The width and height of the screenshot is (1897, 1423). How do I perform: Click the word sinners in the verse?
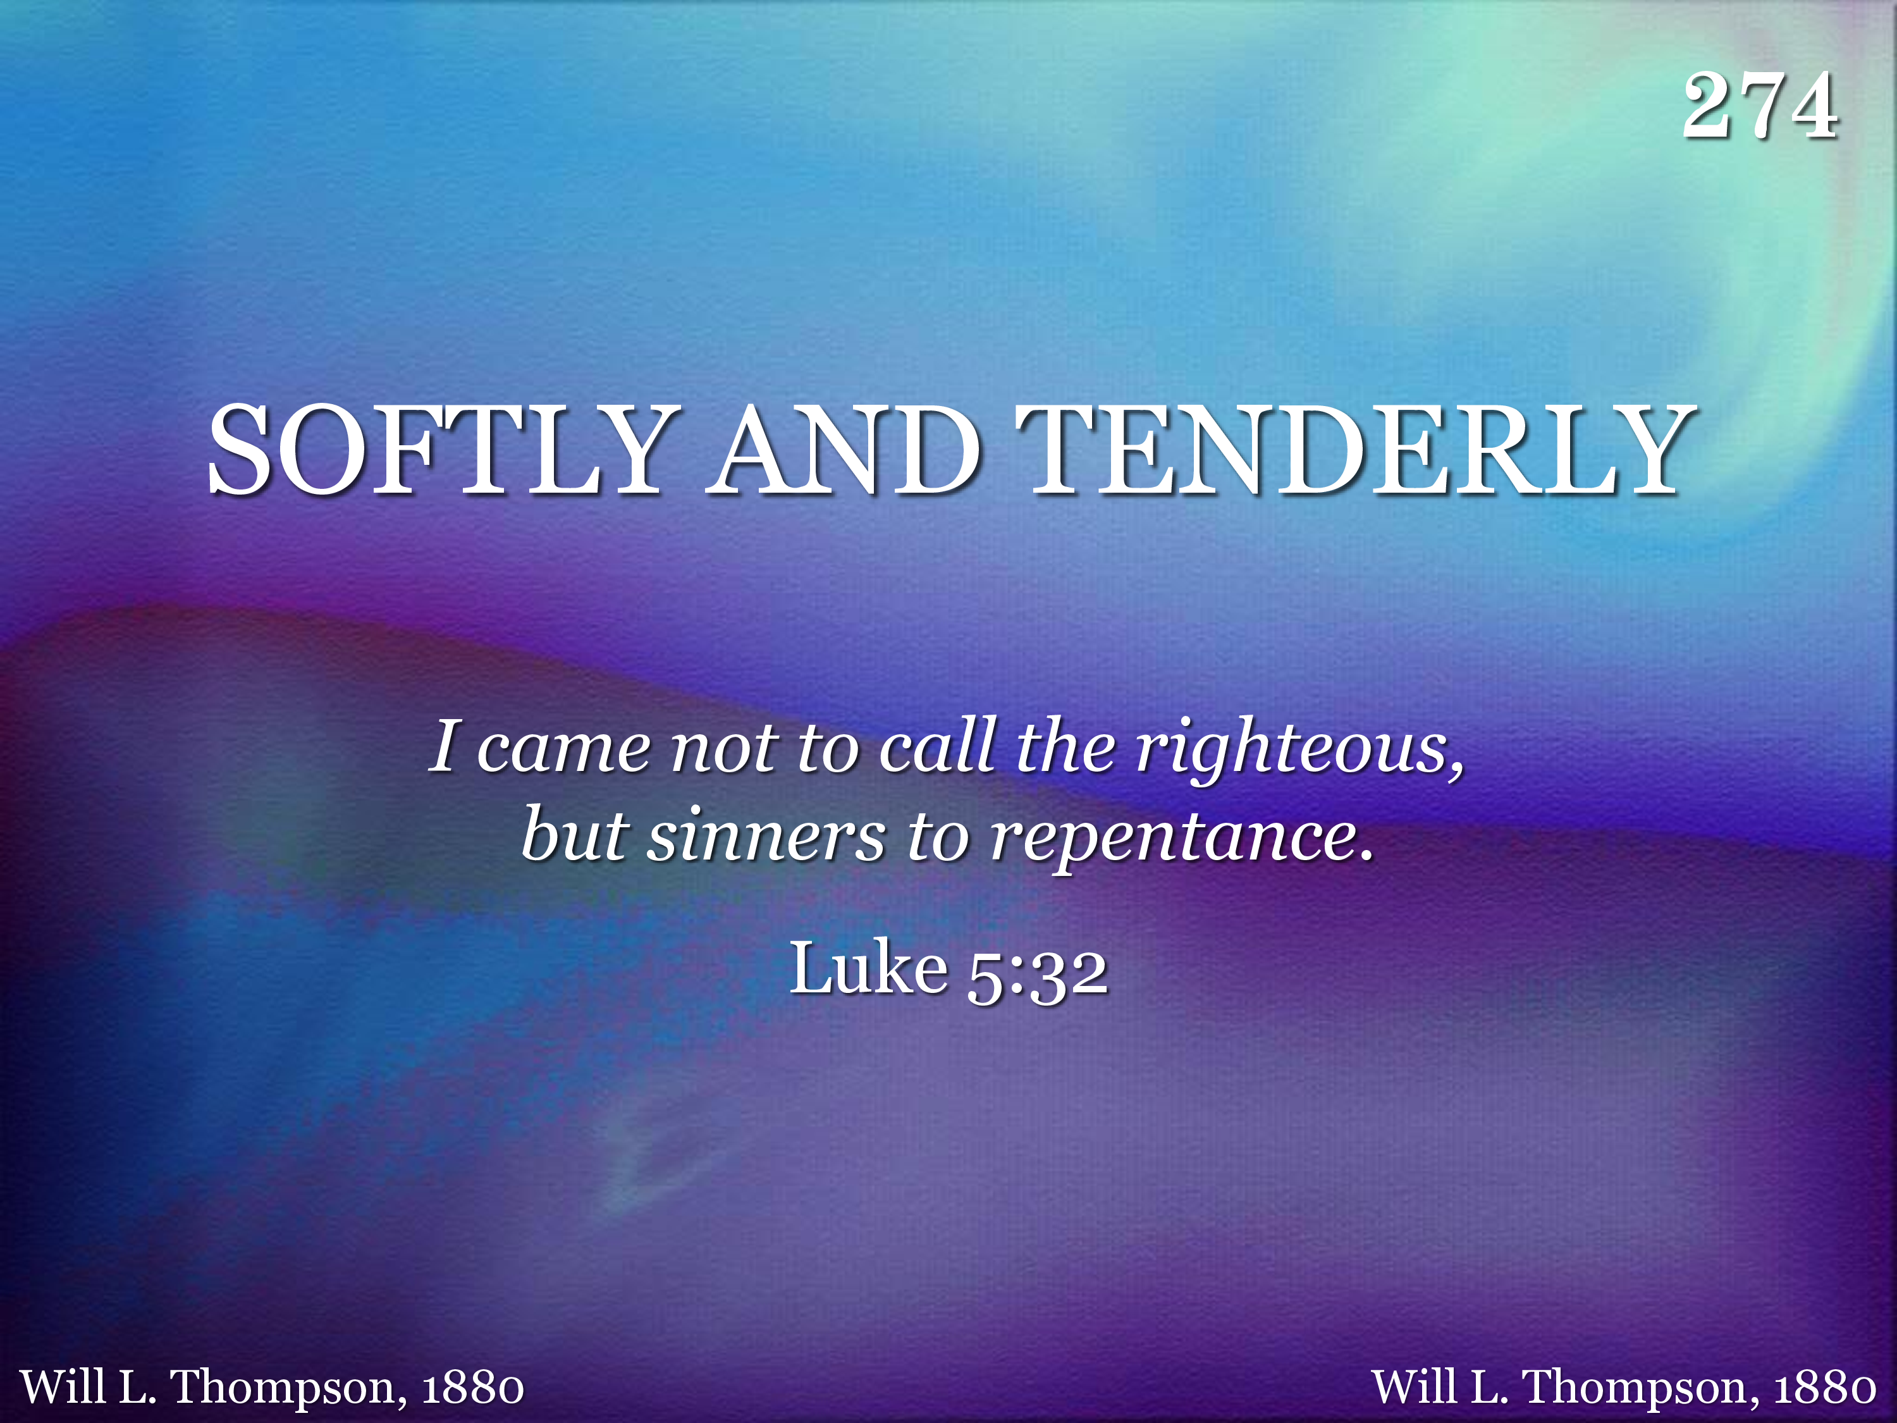coord(766,836)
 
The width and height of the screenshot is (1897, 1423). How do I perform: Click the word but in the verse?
coord(575,833)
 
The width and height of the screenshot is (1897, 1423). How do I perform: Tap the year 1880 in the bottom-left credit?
coord(472,1387)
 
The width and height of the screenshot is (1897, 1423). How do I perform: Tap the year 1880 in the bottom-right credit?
coord(1824,1387)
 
